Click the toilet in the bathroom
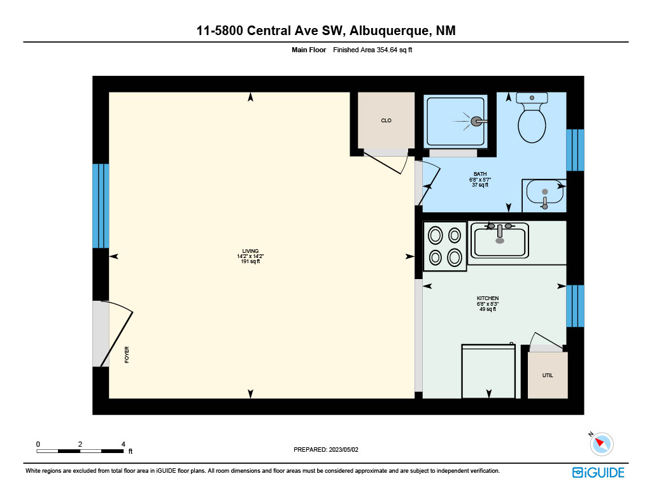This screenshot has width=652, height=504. pos(532,117)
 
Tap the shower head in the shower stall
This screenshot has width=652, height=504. pos(478,122)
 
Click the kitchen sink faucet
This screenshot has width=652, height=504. pos(500,232)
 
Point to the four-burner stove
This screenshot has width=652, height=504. pos(444,247)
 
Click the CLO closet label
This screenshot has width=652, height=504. pos(386,120)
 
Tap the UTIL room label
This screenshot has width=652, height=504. pos(548,375)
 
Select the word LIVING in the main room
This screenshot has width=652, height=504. pos(250,251)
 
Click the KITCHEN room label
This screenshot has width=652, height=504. pos(488,298)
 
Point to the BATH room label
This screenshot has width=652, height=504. pos(480,174)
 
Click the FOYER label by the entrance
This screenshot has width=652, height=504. pos(127,355)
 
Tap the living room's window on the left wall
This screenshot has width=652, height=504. pos(101,206)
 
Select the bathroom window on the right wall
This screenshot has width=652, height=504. pos(575,150)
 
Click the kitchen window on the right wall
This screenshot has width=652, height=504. pos(575,306)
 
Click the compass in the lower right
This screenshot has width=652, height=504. pos(601,444)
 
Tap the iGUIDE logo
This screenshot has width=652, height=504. pos(599,473)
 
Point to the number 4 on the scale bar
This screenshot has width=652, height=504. pos(123,444)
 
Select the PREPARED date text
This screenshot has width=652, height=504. pos(326,449)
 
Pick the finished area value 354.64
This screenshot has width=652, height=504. pos(386,50)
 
